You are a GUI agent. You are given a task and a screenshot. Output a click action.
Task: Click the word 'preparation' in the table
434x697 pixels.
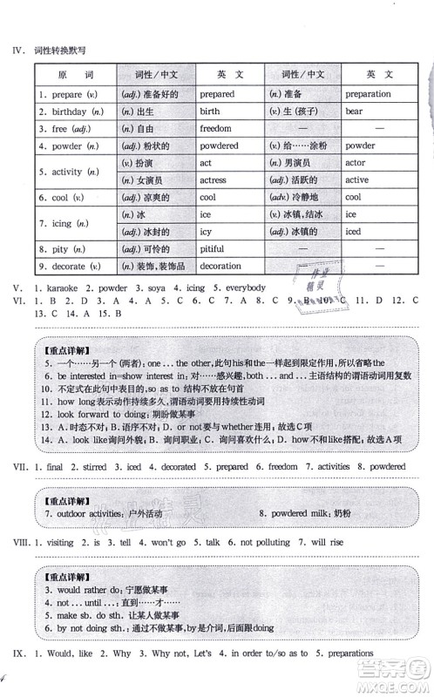368,94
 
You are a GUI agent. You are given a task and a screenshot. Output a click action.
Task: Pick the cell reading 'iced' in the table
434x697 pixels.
353,232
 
